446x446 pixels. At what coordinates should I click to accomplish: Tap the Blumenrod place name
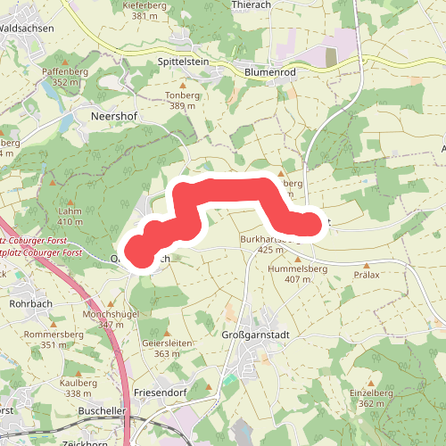click(x=270, y=70)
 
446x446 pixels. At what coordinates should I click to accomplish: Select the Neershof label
click(x=111, y=116)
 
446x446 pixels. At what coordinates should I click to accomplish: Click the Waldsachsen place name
click(x=29, y=29)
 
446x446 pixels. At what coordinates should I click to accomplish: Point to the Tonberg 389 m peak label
click(x=182, y=100)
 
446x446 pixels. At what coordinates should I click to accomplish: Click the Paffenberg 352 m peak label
click(x=66, y=77)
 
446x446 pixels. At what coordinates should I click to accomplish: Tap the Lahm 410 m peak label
click(x=70, y=217)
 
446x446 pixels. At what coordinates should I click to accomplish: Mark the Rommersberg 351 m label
click(x=53, y=340)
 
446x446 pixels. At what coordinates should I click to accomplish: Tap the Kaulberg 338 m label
click(x=78, y=388)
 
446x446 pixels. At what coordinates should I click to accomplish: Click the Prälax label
click(x=367, y=275)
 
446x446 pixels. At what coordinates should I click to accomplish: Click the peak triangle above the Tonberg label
click(x=183, y=85)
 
